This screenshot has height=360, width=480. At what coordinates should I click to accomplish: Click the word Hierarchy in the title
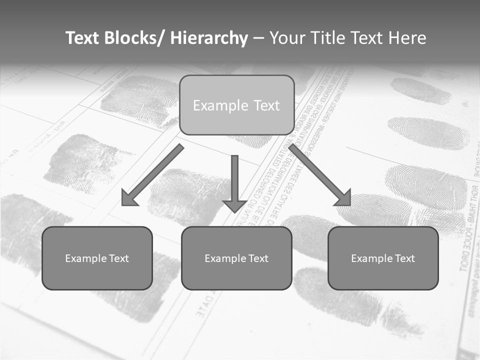(209, 38)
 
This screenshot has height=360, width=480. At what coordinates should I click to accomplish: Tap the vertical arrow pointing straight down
(234, 180)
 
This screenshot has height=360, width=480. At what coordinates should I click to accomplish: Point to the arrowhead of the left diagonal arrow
(129, 199)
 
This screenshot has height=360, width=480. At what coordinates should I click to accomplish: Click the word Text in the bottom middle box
(257, 258)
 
